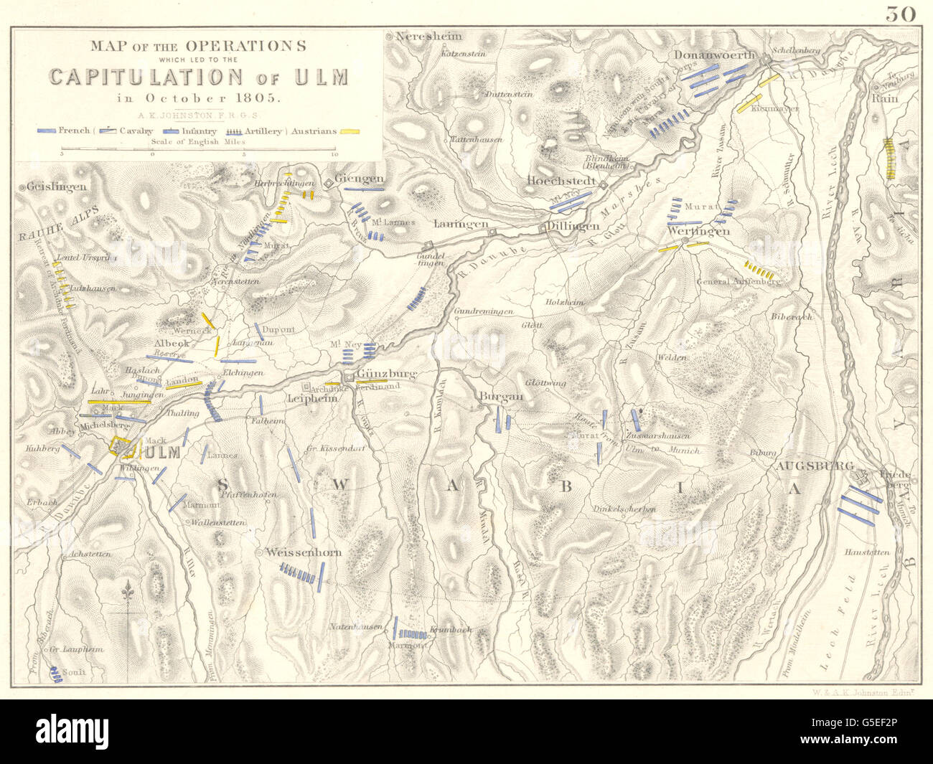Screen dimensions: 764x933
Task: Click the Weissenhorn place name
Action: [x=303, y=552]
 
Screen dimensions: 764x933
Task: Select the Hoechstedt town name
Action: [x=562, y=181]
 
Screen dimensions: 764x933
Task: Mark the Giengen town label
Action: [x=361, y=179]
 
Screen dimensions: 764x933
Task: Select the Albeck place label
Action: [x=172, y=344]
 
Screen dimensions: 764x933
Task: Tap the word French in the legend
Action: [x=74, y=131]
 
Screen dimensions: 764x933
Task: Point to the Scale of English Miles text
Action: [x=197, y=142]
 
